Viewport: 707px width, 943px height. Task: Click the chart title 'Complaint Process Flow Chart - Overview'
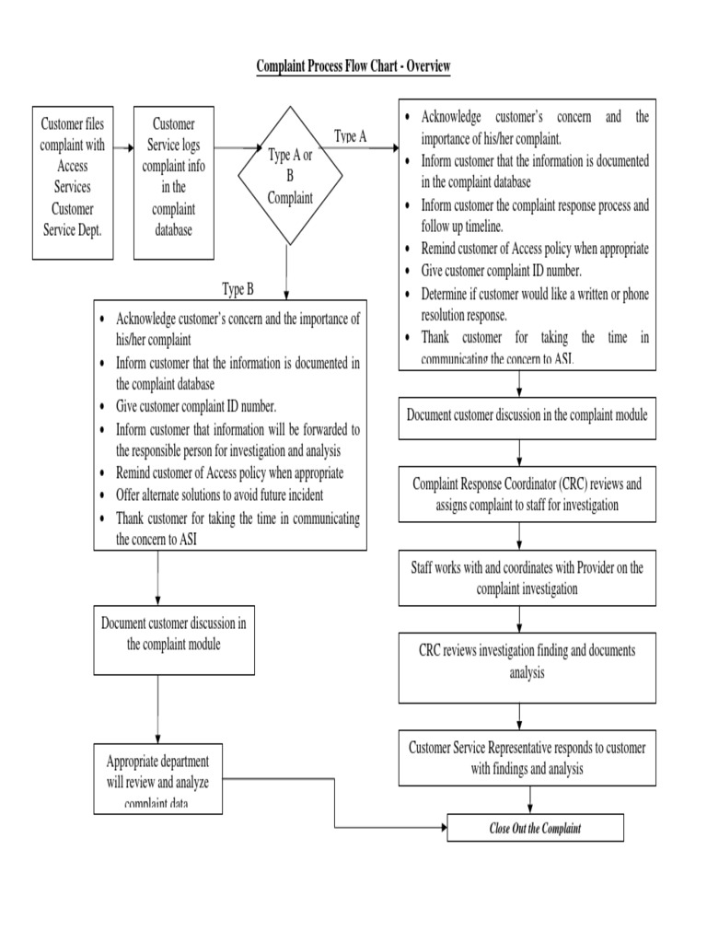coord(353,67)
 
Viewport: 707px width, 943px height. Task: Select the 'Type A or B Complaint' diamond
coord(290,176)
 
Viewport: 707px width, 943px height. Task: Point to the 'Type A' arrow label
coord(350,135)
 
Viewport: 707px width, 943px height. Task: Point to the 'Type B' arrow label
coord(238,289)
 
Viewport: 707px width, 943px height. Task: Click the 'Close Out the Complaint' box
coord(535,828)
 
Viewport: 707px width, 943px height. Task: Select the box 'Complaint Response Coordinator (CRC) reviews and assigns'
coord(527,494)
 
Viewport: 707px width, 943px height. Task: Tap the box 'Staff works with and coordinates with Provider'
coord(527,577)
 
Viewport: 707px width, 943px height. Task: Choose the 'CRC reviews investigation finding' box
coord(527,661)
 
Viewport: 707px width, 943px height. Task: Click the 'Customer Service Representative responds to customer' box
coord(527,758)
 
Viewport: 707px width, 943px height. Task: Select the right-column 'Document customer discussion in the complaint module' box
coord(527,415)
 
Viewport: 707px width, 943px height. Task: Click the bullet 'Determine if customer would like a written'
coord(535,304)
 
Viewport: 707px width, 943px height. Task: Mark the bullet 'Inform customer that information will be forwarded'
coord(238,440)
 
